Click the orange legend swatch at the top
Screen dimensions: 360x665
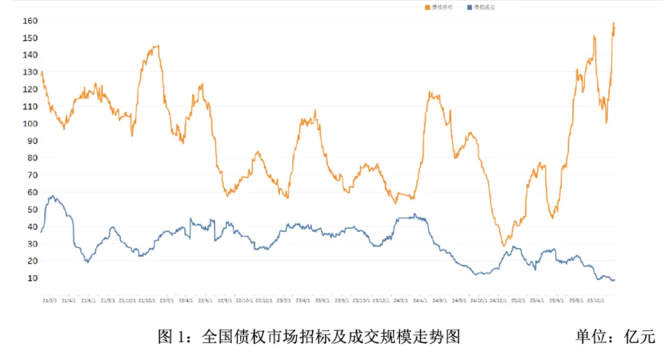coord(427,7)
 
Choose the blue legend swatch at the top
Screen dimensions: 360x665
coord(469,7)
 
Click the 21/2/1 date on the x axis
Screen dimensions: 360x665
coord(49,301)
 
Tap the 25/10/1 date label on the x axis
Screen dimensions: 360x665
coord(596,301)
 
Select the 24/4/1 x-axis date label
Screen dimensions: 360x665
coord(419,301)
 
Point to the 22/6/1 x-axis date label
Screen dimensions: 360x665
coord(206,301)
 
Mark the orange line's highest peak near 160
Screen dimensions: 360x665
coord(614,23)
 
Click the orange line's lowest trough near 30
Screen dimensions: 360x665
coord(503,245)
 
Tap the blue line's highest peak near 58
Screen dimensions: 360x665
coord(52,195)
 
